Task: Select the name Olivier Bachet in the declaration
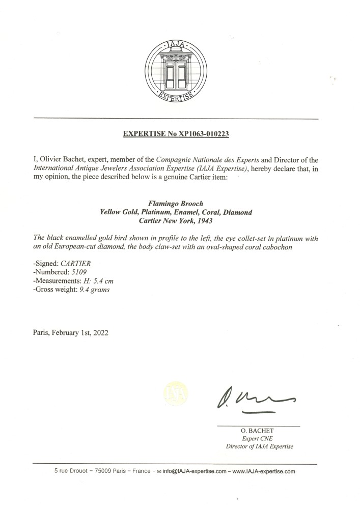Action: [61, 159]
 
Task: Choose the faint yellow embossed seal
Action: [175, 393]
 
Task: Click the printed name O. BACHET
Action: [259, 431]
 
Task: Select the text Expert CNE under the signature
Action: [259, 438]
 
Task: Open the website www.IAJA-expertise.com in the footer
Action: [264, 472]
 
